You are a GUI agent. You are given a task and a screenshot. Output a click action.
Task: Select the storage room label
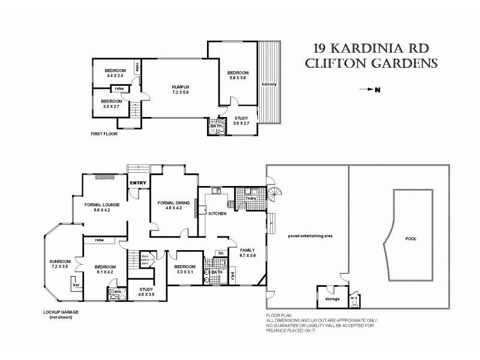pyautogui.click(x=332, y=298)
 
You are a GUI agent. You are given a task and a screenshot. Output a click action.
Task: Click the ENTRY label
pyautogui.click(x=139, y=182)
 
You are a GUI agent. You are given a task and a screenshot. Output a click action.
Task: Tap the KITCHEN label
pyautogui.click(x=217, y=213)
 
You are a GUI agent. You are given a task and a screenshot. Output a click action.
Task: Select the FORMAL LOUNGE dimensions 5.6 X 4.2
pyautogui.click(x=106, y=211)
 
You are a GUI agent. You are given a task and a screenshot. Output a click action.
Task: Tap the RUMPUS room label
pyautogui.click(x=180, y=88)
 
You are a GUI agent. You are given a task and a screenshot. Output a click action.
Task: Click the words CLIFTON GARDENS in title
pyautogui.click(x=371, y=64)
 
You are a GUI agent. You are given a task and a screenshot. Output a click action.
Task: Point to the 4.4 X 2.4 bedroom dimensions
pyautogui.click(x=114, y=76)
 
